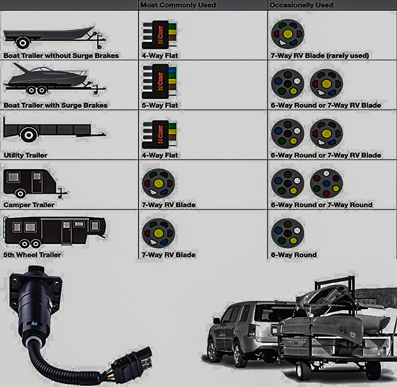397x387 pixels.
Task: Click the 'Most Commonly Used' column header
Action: point(178,5)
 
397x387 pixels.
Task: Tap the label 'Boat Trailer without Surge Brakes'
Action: point(61,56)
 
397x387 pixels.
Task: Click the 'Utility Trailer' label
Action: point(25,155)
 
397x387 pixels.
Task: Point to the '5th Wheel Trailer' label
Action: point(32,255)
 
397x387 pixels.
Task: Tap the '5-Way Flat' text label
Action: point(160,106)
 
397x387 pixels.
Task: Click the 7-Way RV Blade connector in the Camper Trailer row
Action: point(159,183)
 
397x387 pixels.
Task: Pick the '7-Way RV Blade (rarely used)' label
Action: point(320,56)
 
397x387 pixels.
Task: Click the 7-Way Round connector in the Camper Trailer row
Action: point(326,183)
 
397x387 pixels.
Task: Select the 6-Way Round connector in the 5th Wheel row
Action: point(287,233)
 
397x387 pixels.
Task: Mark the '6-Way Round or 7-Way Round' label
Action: point(322,205)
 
